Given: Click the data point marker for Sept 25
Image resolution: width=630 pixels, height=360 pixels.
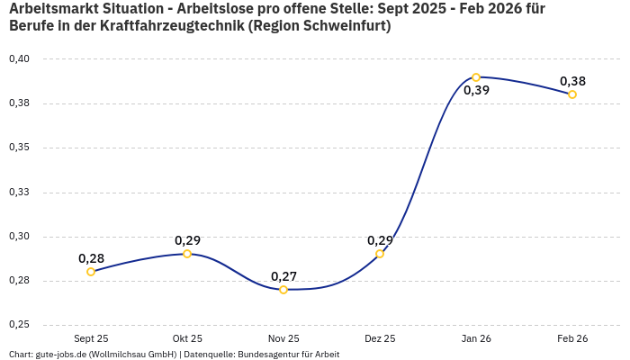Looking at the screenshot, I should [x=91, y=272].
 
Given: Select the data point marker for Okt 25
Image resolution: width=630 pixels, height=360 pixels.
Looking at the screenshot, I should [x=187, y=254].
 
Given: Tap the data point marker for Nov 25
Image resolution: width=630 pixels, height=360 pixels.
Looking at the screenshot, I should [x=283, y=290].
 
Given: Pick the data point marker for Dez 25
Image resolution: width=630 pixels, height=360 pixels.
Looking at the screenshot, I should [x=380, y=254].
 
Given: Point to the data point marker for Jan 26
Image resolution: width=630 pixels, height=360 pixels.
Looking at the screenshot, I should [x=476, y=77].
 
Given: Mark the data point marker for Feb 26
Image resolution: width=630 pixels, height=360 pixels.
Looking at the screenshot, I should [x=572, y=94].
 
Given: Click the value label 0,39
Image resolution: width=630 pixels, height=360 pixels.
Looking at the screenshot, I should [x=476, y=90].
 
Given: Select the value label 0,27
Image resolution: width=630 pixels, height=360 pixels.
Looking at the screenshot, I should [x=283, y=276].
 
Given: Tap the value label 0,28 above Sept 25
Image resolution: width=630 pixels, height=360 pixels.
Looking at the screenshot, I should [x=91, y=258].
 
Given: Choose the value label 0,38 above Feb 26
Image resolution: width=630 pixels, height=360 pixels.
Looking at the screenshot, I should [x=572, y=81].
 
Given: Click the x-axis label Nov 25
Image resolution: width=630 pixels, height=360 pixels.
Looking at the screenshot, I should [x=283, y=338].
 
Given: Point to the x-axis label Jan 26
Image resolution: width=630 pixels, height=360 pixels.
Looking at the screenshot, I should [x=476, y=338].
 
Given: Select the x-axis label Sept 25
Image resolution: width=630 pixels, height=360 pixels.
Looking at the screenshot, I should [x=91, y=338].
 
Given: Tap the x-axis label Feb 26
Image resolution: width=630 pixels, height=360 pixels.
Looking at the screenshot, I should [x=572, y=338].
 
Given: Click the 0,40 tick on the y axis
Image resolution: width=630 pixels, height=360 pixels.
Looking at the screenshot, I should [x=19, y=59].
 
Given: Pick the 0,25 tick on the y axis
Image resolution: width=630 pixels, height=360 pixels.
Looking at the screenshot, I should [x=19, y=325].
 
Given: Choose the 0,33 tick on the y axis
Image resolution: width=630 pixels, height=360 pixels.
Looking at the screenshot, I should [x=19, y=192].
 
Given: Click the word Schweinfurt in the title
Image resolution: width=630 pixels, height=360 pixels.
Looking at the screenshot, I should [x=342, y=26].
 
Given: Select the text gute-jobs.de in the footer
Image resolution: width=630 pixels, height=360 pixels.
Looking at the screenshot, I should [x=59, y=354].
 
